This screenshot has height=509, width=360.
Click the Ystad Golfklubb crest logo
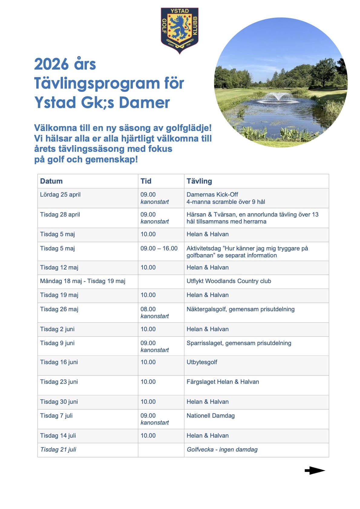[179, 30]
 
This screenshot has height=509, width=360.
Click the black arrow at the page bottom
[315, 471]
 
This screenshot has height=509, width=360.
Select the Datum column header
[51, 181]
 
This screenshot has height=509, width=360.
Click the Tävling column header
[199, 181]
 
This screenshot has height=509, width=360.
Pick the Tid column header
[146, 181]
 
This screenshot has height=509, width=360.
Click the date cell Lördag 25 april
[60, 194]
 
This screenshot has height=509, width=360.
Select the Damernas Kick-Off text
[212, 194]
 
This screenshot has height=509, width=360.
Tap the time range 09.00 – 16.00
[159, 248]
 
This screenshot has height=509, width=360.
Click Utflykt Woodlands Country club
[229, 281]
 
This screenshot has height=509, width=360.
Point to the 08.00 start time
[148, 309]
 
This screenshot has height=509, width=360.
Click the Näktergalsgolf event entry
[241, 309]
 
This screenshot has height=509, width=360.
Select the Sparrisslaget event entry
[239, 343]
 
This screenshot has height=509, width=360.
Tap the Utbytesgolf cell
[202, 362]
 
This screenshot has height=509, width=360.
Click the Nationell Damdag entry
[211, 416]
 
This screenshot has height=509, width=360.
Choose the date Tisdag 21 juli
[58, 449]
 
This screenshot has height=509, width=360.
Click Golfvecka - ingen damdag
[222, 449]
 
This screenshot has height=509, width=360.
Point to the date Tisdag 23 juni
[59, 382]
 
